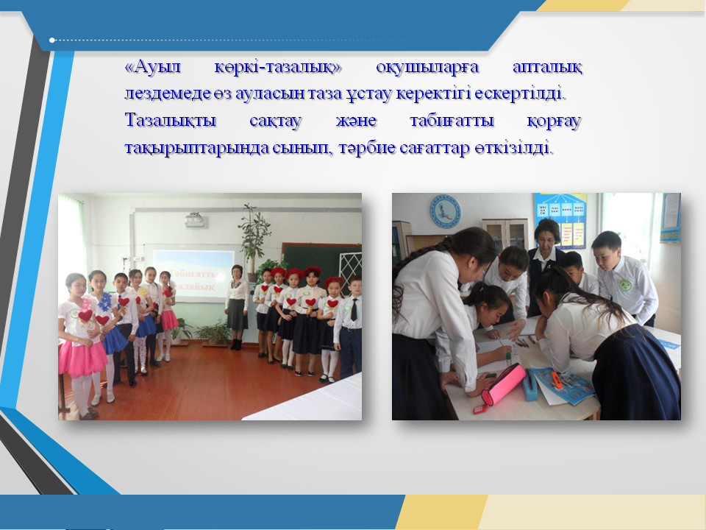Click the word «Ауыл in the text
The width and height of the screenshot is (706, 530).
(152, 67)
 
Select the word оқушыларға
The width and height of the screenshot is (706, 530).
(427, 68)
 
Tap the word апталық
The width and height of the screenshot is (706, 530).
(547, 68)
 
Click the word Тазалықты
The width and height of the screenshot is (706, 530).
(170, 121)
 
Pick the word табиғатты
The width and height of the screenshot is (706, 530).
(452, 121)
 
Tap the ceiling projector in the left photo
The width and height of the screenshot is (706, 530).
(194, 219)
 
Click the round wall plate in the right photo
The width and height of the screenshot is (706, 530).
(445, 211)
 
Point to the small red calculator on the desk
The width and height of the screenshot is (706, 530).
(481, 409)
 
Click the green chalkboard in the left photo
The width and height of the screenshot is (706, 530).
(316, 262)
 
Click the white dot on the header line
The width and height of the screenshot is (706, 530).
(51, 40)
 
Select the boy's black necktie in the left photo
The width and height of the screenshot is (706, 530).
(354, 310)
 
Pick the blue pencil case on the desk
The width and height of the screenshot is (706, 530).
(530, 385)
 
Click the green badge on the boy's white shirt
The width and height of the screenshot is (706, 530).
(625, 284)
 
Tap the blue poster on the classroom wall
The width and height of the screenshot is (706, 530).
(560, 221)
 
